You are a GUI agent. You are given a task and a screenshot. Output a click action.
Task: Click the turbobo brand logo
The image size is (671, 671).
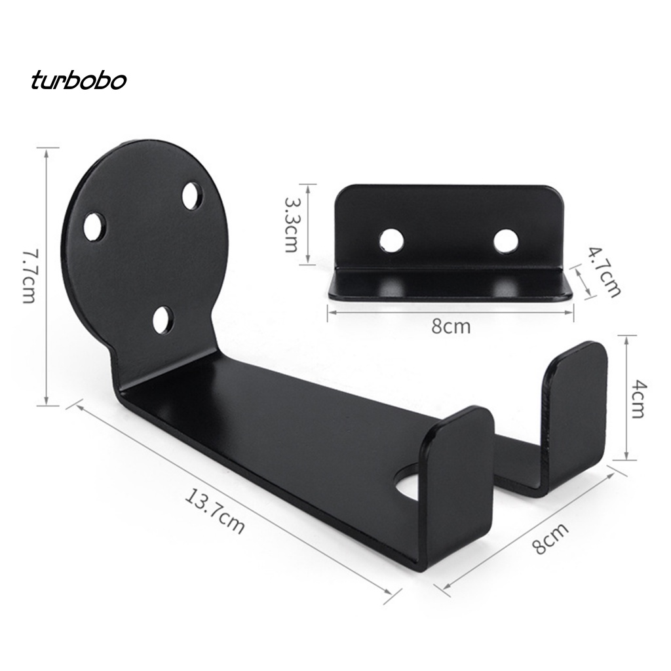pyautogui.click(x=78, y=81)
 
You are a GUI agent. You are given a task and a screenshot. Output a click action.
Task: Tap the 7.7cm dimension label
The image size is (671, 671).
pyautogui.click(x=28, y=275)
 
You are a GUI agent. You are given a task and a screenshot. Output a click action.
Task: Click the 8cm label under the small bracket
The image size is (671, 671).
pyautogui.click(x=451, y=326)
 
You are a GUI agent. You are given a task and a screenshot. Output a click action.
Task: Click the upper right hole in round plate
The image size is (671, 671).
pyautogui.click(x=192, y=196)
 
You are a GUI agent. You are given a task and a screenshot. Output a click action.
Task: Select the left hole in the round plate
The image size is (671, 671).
pyautogui.click(x=94, y=227)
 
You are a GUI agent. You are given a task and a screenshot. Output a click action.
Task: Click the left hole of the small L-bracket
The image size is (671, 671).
pyautogui.click(x=391, y=241)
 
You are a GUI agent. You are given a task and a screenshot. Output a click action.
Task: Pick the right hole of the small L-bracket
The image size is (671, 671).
pyautogui.click(x=505, y=240)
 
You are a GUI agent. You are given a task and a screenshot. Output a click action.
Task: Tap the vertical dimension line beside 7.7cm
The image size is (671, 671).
pyautogui.click(x=47, y=275)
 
